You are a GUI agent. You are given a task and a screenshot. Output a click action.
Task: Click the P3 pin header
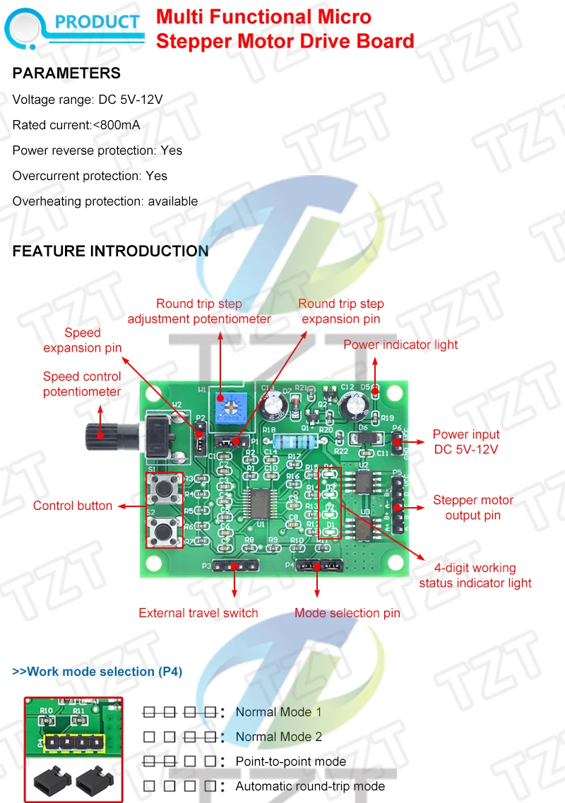click(234, 566)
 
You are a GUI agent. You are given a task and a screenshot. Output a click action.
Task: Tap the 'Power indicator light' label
click(400, 345)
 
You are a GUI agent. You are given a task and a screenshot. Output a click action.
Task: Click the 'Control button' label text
click(73, 506)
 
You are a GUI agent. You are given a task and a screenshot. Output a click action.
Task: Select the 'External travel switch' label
click(198, 613)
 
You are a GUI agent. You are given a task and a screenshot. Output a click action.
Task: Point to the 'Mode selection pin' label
click(347, 613)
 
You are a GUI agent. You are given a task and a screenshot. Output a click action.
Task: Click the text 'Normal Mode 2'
click(278, 737)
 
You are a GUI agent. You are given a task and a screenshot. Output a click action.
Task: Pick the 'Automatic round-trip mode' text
click(310, 786)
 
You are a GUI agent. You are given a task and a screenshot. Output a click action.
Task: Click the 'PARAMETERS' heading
click(66, 73)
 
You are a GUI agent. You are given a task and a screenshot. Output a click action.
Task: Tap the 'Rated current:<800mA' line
click(76, 125)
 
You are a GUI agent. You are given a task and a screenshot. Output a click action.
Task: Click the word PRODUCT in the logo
click(97, 22)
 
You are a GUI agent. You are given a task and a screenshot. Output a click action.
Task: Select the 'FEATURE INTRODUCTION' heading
click(110, 251)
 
